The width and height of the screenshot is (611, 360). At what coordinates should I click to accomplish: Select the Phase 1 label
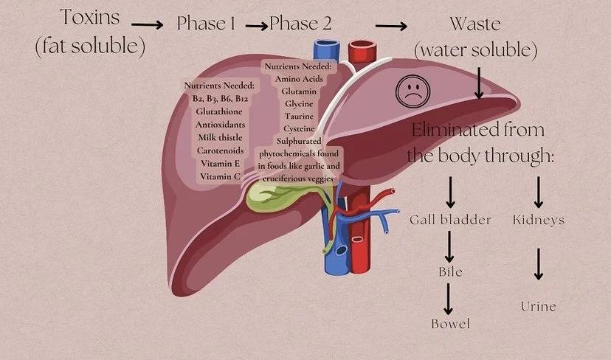pos(206,24)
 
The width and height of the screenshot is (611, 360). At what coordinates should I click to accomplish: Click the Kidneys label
pos(538,220)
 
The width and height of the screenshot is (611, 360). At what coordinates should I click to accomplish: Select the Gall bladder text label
pos(450,220)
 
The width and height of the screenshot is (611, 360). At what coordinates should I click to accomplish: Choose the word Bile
pos(450,272)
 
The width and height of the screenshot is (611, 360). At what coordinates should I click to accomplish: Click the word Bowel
pos(450,324)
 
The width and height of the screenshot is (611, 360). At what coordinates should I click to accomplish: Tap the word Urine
pos(538,305)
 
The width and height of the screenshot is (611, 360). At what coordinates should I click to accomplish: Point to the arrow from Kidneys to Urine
pos(539,263)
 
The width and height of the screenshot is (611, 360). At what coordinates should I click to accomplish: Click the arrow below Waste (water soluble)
pos(479,83)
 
